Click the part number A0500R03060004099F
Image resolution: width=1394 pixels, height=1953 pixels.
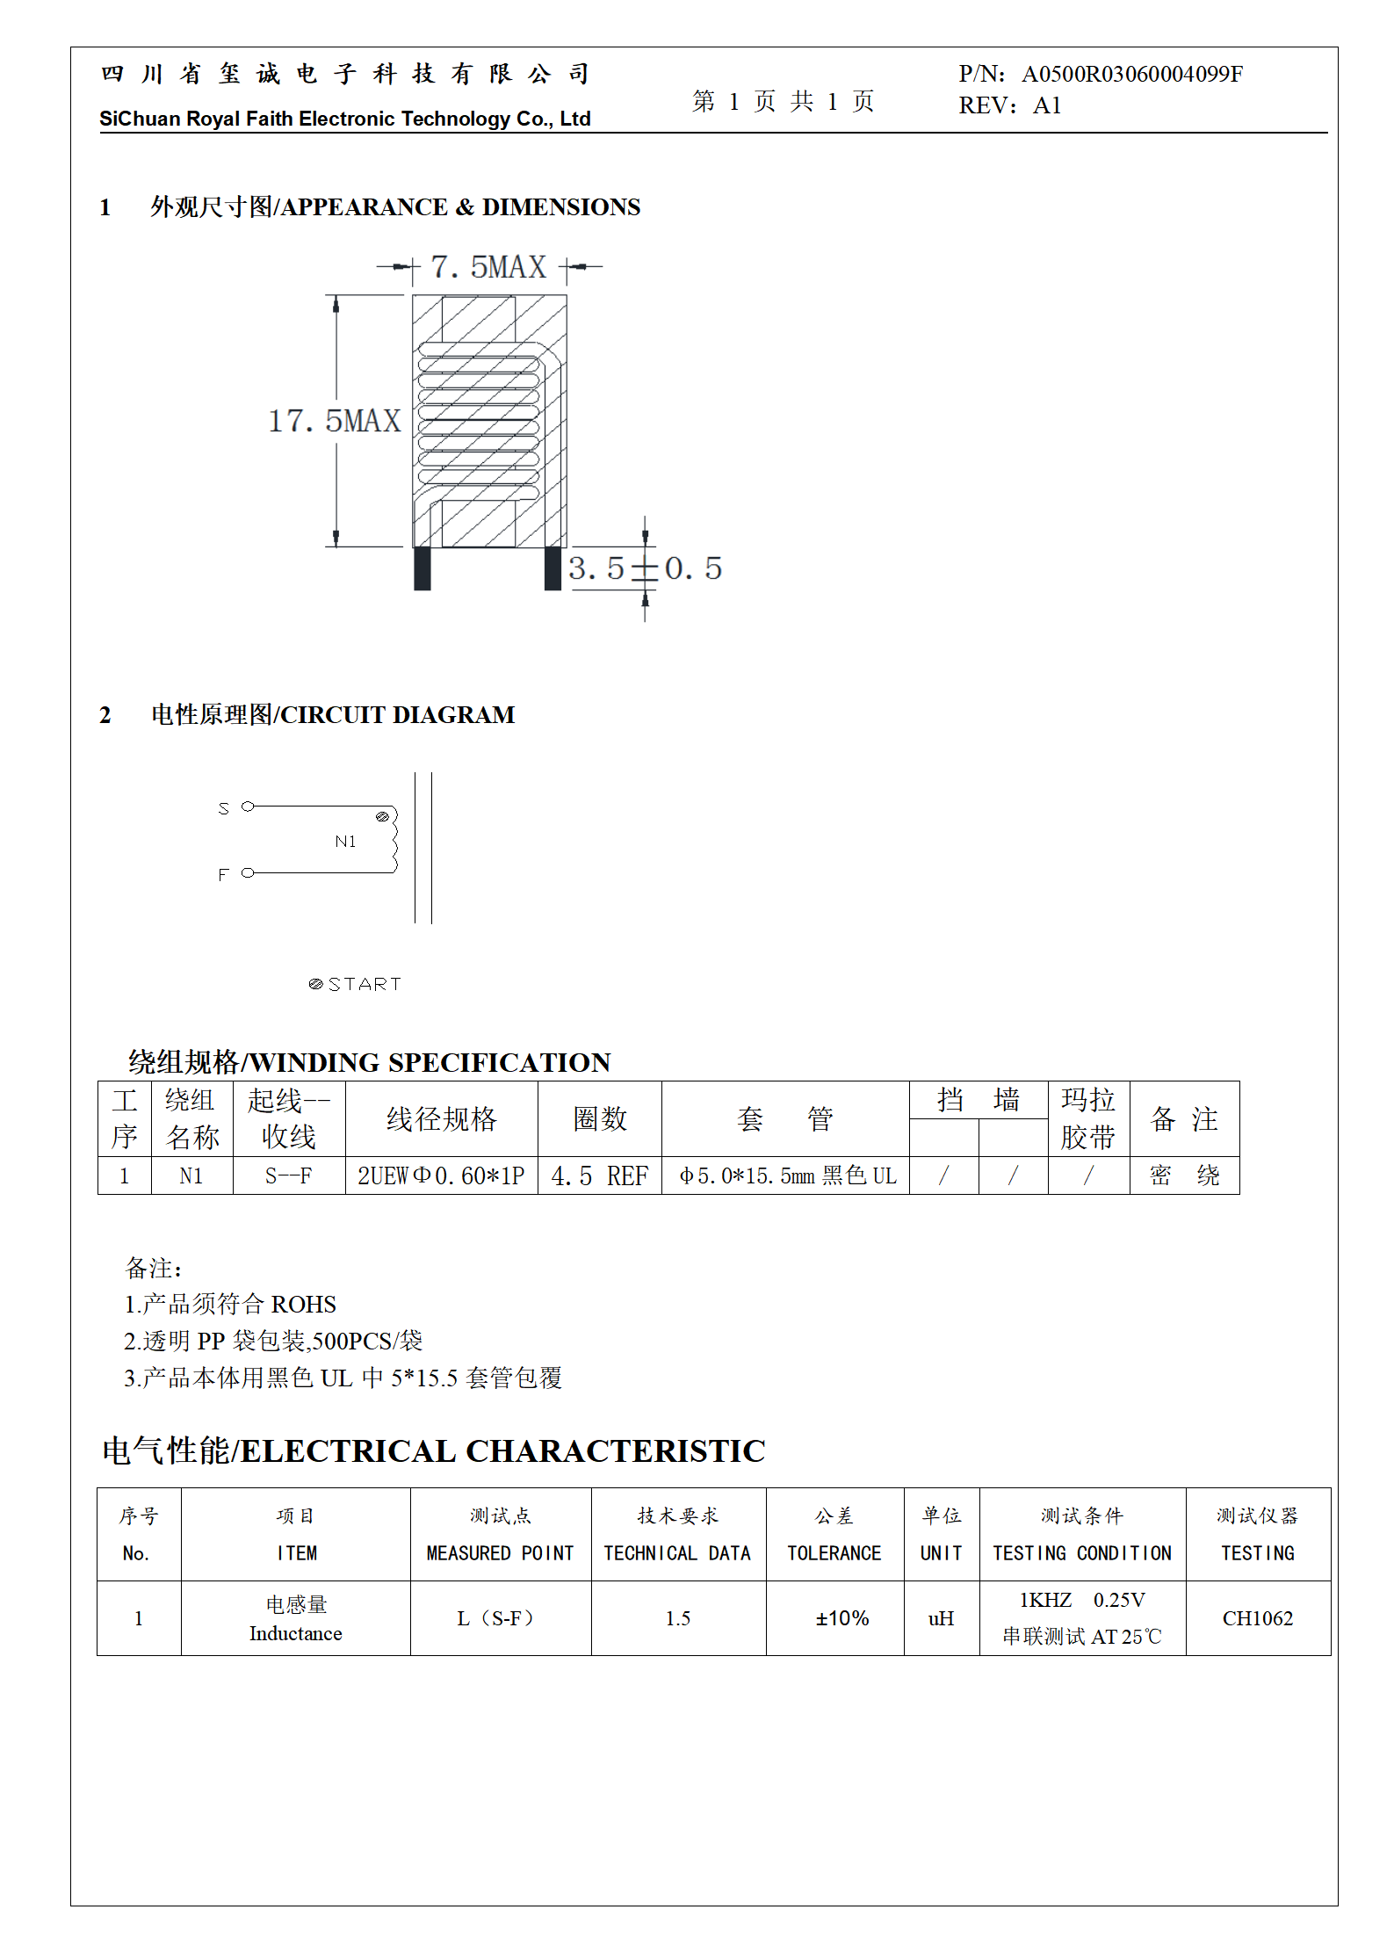coord(1131,74)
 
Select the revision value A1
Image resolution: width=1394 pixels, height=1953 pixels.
coord(1047,106)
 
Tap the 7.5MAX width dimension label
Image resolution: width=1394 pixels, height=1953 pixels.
coord(488,267)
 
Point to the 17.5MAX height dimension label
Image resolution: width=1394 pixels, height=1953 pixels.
coord(335,421)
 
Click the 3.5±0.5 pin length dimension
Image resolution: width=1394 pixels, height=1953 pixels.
coord(645,568)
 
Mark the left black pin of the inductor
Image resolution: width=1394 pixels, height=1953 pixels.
coord(423,568)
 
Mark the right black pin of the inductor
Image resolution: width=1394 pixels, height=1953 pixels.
coord(553,568)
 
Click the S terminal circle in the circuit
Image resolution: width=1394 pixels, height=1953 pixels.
coord(248,807)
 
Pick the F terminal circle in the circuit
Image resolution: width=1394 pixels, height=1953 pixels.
coord(248,872)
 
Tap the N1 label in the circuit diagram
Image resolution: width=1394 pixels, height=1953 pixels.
coord(345,842)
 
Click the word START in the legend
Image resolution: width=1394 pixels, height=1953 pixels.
coord(365,984)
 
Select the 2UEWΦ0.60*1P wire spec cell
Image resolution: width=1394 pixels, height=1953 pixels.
coord(441,1175)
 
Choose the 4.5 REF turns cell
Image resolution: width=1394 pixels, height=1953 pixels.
coord(599,1175)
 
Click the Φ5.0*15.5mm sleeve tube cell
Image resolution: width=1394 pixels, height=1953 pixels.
coord(786,1175)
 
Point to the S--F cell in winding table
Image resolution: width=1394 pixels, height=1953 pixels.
coord(288,1175)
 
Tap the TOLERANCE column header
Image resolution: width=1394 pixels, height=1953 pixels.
coord(834,1552)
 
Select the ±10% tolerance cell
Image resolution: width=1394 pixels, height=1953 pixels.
coord(841,1618)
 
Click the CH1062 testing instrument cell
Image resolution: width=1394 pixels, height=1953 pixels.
coord(1257,1618)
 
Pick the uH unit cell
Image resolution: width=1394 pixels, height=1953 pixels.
coord(941,1618)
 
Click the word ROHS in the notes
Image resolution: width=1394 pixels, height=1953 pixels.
coord(303,1305)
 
